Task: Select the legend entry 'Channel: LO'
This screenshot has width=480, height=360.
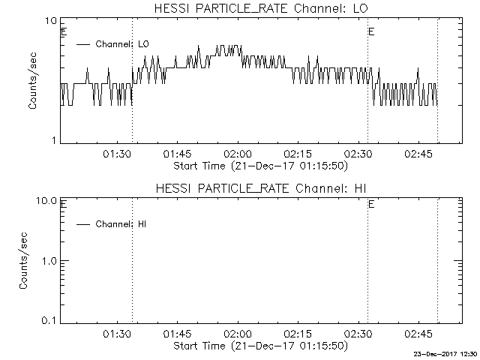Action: coord(114,44)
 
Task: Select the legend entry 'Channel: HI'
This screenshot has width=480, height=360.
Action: coord(114,223)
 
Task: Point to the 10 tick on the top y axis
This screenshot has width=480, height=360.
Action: coord(52,22)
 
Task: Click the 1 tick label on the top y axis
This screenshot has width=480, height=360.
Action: coord(55,140)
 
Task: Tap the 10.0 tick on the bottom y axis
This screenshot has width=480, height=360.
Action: coord(47,201)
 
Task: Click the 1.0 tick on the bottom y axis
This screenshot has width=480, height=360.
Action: coord(49,260)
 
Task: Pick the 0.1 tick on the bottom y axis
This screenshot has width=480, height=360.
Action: coord(49,320)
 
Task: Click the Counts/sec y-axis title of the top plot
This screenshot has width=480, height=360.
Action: coord(33,81)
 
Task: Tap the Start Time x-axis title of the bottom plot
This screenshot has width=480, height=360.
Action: coord(259,346)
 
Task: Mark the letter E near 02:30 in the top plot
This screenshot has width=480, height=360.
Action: coord(371,32)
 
